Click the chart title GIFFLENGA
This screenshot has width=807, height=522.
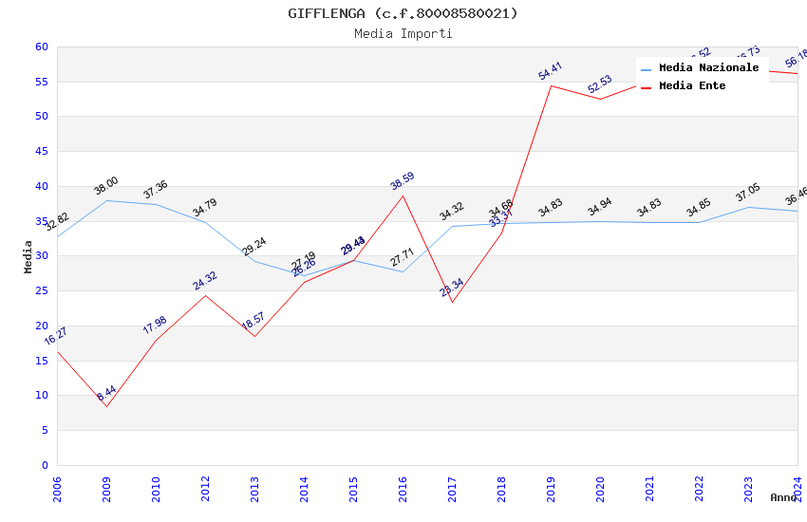pos(403,13)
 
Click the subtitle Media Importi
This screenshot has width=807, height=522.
pos(403,33)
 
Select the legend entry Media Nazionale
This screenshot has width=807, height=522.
pos(708,68)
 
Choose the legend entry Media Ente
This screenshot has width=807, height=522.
pos(692,85)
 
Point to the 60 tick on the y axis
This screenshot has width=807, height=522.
pos(41,47)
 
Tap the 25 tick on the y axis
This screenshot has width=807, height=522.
pos(41,290)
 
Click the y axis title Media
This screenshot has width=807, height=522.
pos(28,256)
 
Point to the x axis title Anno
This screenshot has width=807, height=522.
pos(783,497)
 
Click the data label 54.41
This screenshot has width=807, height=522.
pos(551,71)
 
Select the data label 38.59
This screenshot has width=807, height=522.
pos(403,181)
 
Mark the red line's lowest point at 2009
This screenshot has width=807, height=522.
pos(106,406)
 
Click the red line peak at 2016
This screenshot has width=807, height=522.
pos(403,196)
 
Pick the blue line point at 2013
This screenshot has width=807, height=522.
pos(254,261)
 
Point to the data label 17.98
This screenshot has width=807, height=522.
pos(155,325)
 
